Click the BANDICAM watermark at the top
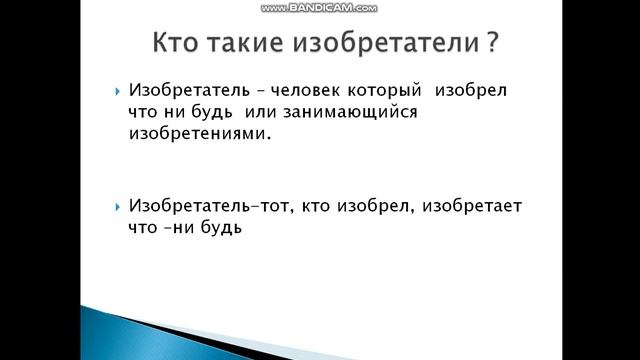point(319,7)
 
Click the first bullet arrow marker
point(119,91)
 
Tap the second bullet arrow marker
point(119,206)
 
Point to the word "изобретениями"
point(200,134)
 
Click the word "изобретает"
point(471,206)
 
